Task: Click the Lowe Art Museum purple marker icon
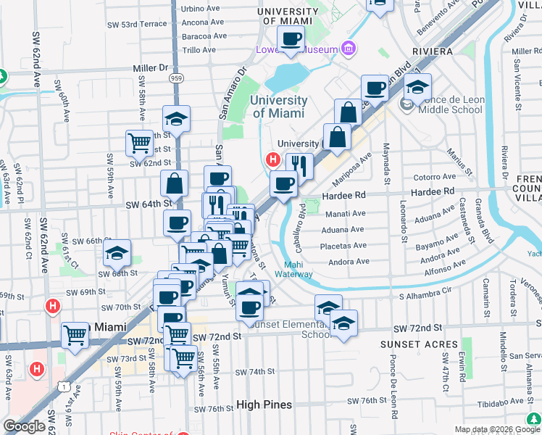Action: coord(349,49)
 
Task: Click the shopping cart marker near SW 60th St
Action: coord(140,142)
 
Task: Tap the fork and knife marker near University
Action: coord(299,166)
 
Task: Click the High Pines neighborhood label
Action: coord(264,405)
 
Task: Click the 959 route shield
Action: coord(176,77)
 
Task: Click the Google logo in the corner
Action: coord(24,426)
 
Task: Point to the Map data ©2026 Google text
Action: coord(497,429)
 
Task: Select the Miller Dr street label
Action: coord(151,67)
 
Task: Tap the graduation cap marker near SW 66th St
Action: coord(117,253)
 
